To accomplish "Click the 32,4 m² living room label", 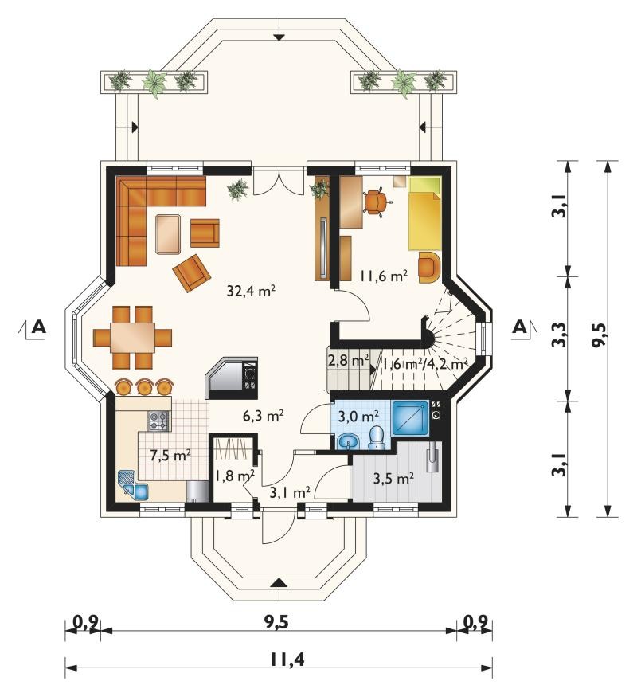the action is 251,292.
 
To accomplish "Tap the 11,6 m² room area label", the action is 384,276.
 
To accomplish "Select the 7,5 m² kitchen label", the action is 170,456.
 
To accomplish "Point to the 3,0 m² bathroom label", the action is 358,417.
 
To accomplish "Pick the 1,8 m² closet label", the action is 235,476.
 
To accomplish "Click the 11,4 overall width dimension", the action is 287,660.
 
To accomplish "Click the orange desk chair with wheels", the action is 377,202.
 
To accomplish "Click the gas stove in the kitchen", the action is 159,421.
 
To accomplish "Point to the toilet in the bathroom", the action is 377,438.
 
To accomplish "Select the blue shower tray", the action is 410,419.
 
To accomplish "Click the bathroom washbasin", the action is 349,442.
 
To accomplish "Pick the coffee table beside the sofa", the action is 168,234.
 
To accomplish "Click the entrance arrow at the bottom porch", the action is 279,584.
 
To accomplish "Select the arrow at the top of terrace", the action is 279,37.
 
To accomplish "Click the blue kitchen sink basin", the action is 141,491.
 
